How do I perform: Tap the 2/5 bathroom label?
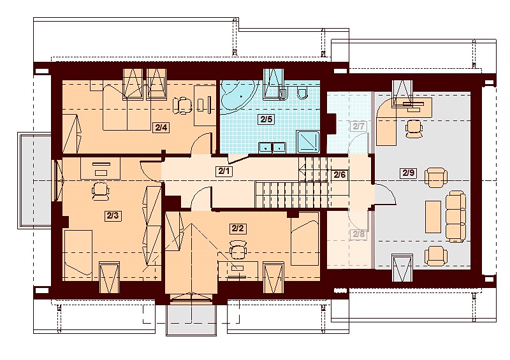click(x=264, y=119)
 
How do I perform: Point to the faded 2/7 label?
click(x=358, y=126)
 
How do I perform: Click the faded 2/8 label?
click(x=358, y=234)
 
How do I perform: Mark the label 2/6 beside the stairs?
click(x=340, y=175)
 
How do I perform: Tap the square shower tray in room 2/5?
click(x=312, y=138)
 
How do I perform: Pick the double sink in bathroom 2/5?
click(x=272, y=148)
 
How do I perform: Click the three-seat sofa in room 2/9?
click(x=456, y=216)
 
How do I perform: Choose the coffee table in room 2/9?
click(x=432, y=216)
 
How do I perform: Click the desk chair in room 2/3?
click(x=100, y=189)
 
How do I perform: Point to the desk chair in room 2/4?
click(x=183, y=104)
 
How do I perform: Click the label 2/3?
click(x=113, y=215)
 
